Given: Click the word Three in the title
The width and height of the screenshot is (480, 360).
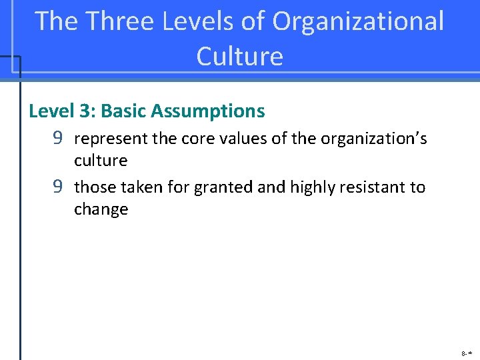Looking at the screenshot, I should click(x=117, y=21).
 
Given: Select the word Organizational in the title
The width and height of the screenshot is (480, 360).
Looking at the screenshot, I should click(x=358, y=21).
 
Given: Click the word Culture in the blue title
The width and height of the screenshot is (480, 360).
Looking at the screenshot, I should click(x=240, y=56).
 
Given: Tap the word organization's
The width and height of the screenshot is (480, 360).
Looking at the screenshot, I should click(x=374, y=139).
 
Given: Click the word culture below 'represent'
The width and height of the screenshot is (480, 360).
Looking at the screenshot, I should click(x=101, y=161).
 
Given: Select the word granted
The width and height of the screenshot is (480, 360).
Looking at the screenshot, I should click(x=223, y=187).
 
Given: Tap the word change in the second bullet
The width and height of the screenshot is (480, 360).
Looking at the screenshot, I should click(x=101, y=209).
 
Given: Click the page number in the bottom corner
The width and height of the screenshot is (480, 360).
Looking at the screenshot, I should click(x=466, y=351).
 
